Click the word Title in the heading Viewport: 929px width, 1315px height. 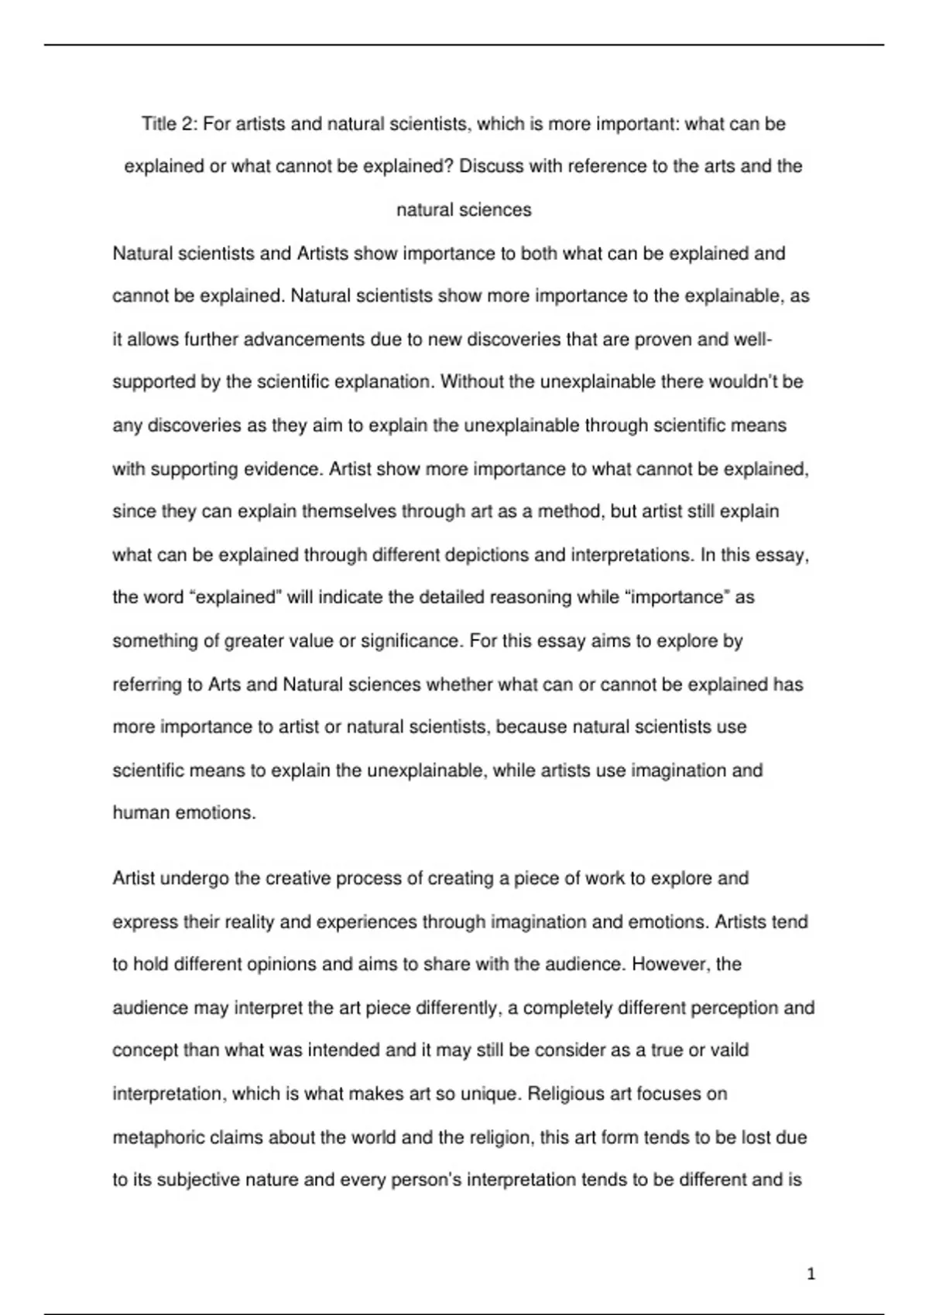(159, 124)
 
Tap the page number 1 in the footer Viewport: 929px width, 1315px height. (811, 1274)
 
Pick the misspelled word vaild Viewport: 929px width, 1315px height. (729, 1050)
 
